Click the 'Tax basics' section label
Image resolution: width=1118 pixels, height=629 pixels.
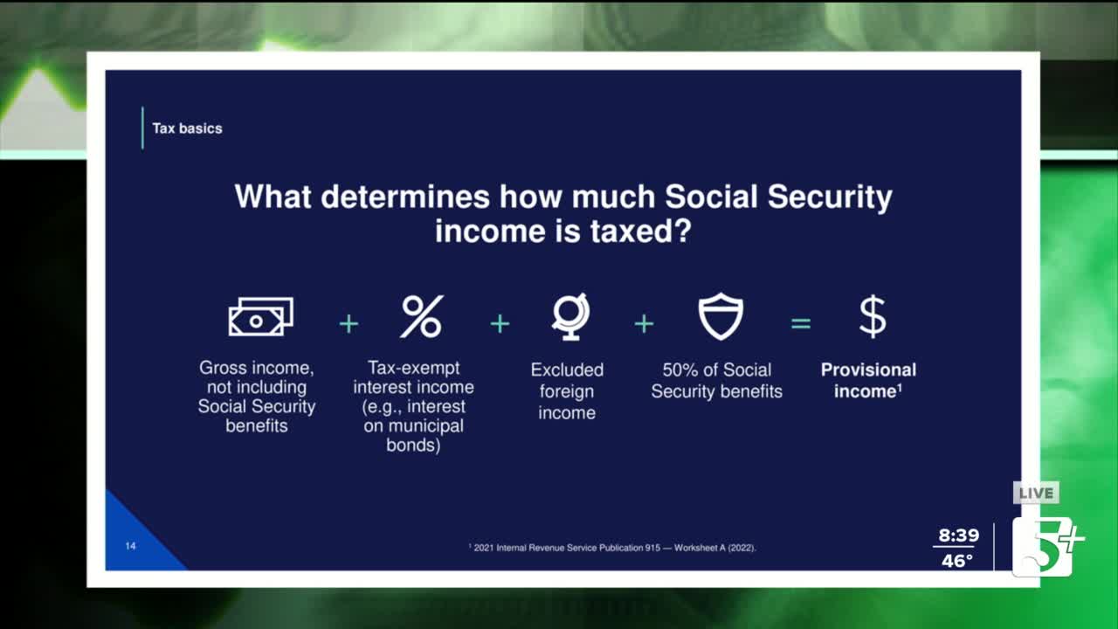coord(187,128)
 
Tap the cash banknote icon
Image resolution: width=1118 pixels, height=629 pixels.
coord(260,316)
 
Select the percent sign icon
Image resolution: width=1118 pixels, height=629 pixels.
coord(422,316)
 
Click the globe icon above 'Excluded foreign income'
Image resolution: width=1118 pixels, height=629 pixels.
coord(570,316)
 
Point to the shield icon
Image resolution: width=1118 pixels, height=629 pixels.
coord(721,316)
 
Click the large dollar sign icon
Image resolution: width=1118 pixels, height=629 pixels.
coord(873,316)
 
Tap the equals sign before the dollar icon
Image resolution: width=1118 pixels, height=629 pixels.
coord(801,324)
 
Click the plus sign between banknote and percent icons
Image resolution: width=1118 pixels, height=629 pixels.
coord(349,324)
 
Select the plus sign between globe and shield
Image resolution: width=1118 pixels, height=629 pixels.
coord(644,324)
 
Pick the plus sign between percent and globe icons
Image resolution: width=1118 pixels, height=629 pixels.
coord(500,324)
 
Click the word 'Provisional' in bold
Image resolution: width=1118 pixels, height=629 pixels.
coord(868,370)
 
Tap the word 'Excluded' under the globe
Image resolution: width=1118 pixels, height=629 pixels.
coord(567,370)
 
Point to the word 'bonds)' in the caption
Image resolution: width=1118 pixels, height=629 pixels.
coord(413,445)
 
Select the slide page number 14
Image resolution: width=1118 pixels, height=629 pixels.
coord(130,546)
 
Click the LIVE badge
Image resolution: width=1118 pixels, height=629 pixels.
coord(1036,494)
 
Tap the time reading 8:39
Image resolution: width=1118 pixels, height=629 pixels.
coord(958,536)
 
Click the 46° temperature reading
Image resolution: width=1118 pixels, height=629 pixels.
coord(956,561)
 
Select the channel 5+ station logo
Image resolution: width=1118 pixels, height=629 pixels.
coord(1047,547)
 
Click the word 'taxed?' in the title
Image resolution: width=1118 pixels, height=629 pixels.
coord(641,232)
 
